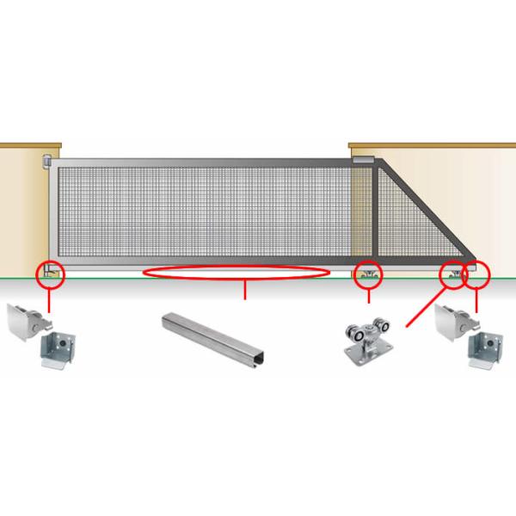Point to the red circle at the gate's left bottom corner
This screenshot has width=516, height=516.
(x=49, y=274)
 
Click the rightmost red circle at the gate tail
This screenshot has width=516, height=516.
(x=476, y=274)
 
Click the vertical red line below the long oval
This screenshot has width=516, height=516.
(x=246, y=291)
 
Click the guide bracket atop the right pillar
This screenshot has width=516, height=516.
(x=364, y=160)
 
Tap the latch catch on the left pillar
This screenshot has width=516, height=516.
(x=45, y=161)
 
